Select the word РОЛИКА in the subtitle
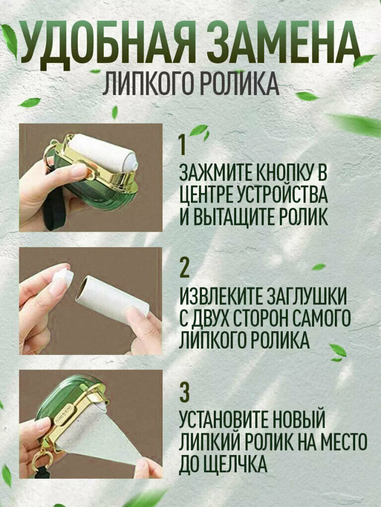click(238, 84)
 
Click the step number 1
click(183, 145)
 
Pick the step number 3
click(185, 393)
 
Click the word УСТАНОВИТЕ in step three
click(225, 419)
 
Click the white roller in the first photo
click(103, 153)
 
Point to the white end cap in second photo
click(63, 278)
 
